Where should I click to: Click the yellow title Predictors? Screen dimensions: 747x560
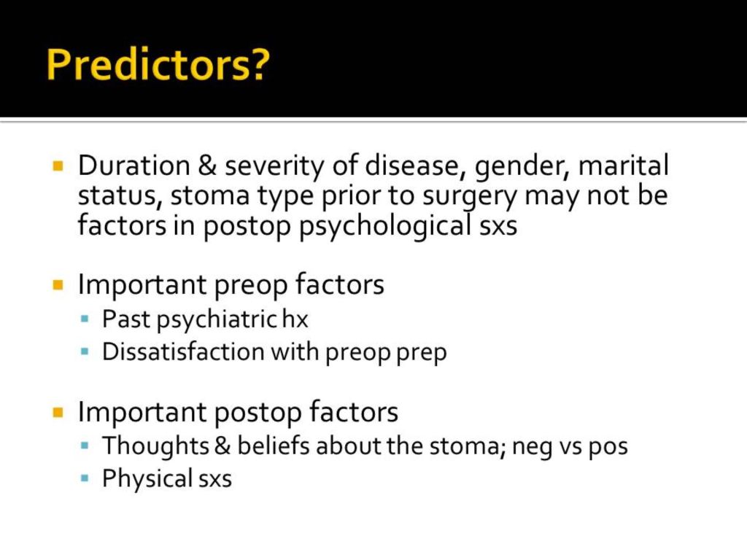click(x=158, y=64)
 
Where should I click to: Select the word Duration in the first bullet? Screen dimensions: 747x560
click(x=134, y=166)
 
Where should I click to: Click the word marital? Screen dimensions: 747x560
click(x=623, y=166)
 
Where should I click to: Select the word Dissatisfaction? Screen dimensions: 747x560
click(x=183, y=352)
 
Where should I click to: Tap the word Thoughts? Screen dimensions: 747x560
click(x=156, y=447)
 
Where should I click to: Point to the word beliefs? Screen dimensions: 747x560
click(x=274, y=446)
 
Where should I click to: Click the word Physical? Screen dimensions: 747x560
click(x=147, y=479)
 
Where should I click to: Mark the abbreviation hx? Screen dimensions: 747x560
click(x=295, y=319)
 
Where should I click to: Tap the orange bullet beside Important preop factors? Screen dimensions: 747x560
click(x=58, y=285)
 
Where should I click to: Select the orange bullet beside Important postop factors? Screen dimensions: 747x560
click(x=58, y=412)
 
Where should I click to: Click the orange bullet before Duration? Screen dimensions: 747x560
click(x=58, y=166)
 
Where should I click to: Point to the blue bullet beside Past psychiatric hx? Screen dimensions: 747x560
click(x=85, y=319)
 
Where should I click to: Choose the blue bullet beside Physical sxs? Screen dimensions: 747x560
click(x=85, y=478)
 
